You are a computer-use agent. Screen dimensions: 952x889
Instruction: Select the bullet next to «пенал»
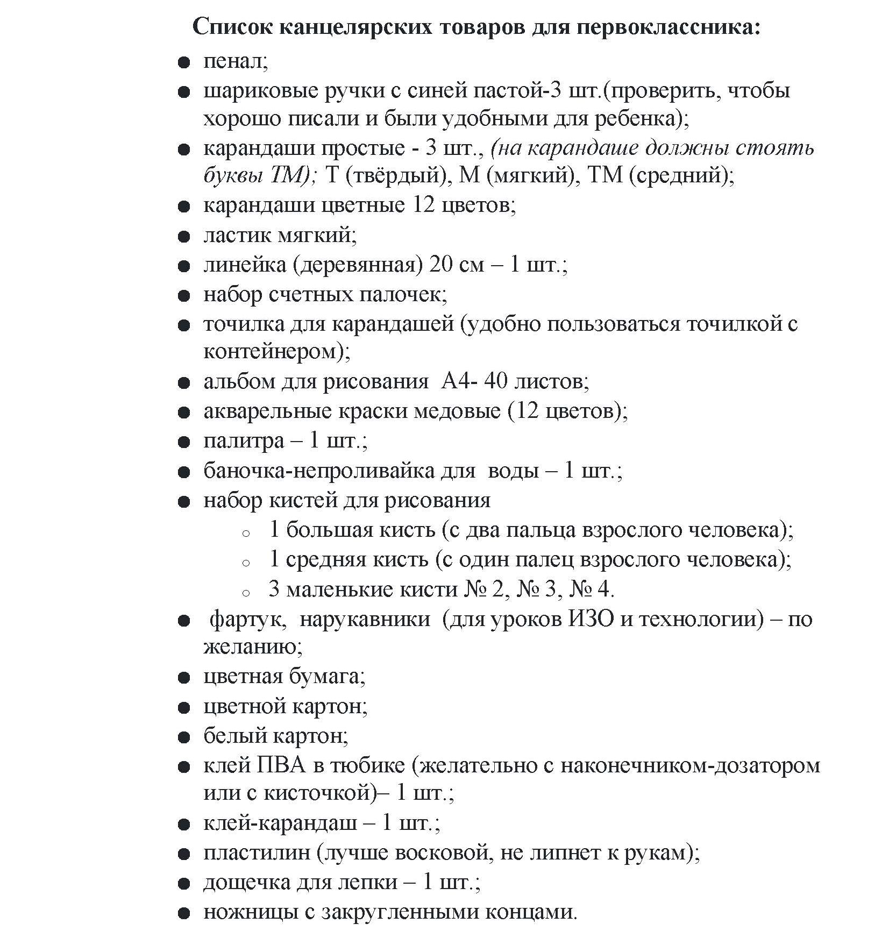click(184, 63)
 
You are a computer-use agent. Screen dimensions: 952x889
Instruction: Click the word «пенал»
click(236, 62)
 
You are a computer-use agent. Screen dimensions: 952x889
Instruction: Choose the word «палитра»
click(244, 441)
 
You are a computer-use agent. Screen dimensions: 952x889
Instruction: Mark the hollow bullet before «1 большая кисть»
click(246, 533)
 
